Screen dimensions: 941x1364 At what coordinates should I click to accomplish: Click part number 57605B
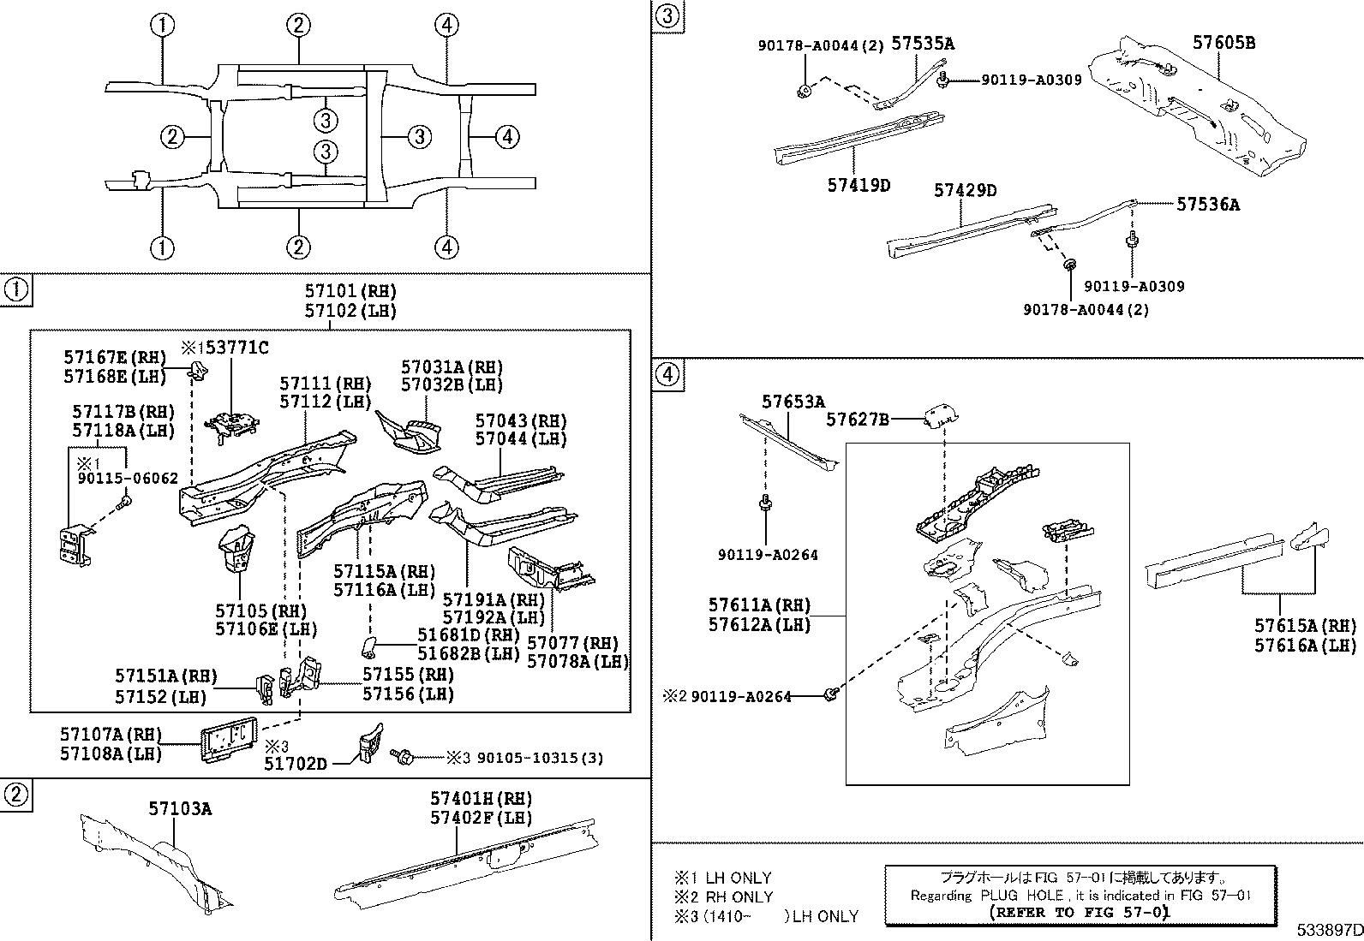click(x=1224, y=42)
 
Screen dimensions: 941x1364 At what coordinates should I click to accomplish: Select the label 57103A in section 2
click(x=180, y=808)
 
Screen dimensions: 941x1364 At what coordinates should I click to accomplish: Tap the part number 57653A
click(x=793, y=402)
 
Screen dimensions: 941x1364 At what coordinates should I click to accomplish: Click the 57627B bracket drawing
click(x=941, y=416)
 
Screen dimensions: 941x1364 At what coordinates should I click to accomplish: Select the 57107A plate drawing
click(x=230, y=738)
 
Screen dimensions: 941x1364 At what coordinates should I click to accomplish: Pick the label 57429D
click(x=965, y=190)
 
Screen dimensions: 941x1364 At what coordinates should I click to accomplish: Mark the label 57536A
click(x=1207, y=204)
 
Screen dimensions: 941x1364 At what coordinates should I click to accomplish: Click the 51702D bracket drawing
click(x=369, y=741)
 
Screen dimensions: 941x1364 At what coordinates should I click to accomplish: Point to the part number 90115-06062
click(x=127, y=479)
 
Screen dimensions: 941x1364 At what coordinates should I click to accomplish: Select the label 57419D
click(x=858, y=185)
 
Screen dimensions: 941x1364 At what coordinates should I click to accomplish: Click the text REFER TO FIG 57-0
click(x=1079, y=913)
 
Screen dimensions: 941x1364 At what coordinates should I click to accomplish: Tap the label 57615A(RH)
click(x=1305, y=626)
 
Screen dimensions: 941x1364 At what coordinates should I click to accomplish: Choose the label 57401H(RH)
click(x=481, y=798)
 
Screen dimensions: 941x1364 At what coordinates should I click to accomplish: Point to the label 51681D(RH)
click(x=469, y=634)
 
